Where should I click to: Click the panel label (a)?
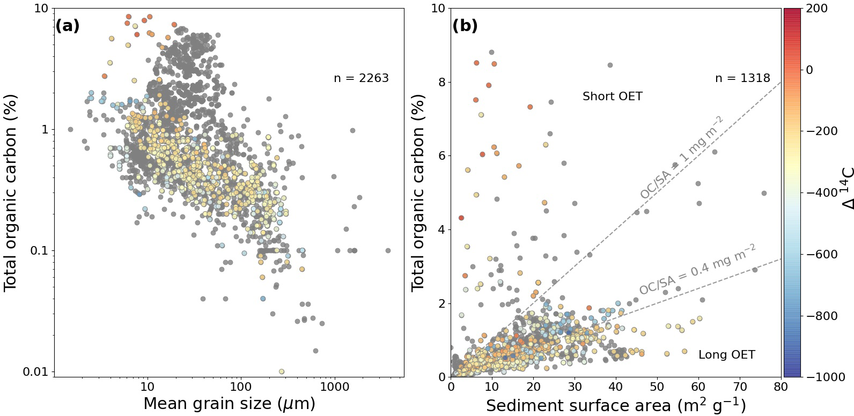coord(68,26)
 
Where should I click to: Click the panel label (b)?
coord(465,26)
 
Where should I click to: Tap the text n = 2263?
coord(361,78)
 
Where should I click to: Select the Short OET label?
coord(612,96)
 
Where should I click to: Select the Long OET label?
coord(726,355)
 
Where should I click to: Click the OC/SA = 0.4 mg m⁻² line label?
coord(697,269)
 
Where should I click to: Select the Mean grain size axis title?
coord(229,403)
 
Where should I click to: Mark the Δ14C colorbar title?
coord(847,192)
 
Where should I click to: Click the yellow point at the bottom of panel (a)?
coord(282,372)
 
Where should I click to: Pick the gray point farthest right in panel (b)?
coord(764,193)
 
